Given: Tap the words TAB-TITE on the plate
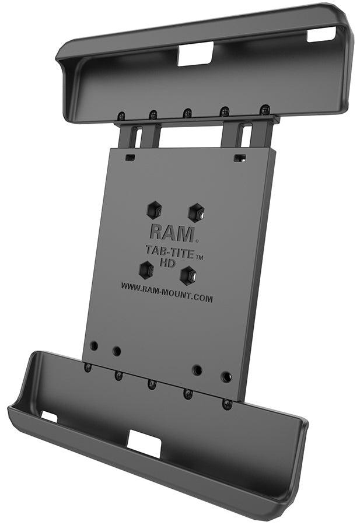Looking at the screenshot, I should click(165, 251).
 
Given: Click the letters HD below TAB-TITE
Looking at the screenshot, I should click(167, 264).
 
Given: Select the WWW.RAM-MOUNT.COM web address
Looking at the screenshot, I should click(167, 292).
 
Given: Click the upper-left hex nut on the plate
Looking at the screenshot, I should click(155, 208).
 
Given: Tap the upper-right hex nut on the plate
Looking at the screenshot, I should click(195, 212).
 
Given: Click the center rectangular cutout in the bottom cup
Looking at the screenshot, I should click(144, 444).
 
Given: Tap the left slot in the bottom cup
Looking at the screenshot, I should click(49, 416).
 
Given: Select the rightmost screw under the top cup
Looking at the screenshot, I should click(264, 109).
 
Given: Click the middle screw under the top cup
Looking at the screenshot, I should click(187, 112).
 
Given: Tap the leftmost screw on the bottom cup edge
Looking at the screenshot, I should click(88, 367).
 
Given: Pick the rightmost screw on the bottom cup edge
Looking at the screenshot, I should click(227, 404).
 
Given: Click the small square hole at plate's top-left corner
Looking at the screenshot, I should click(130, 157).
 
